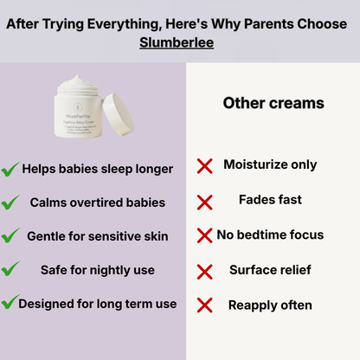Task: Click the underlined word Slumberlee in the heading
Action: [x=179, y=42]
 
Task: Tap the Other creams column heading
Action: [x=273, y=103]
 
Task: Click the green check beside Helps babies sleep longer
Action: [x=10, y=169]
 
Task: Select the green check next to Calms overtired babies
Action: [x=10, y=202]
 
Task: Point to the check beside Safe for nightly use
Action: [x=10, y=270]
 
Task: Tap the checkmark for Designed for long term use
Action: [x=10, y=304]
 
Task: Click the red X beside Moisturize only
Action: [x=205, y=166]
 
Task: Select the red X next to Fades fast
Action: [x=205, y=202]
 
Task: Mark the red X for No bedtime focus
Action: [x=205, y=235]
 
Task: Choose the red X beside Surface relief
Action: [x=205, y=270]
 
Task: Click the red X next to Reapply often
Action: [x=205, y=305]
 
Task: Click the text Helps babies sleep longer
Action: [x=98, y=169]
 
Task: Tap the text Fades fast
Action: [x=271, y=200]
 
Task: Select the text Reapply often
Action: [x=270, y=305]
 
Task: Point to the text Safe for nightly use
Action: [x=97, y=270]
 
